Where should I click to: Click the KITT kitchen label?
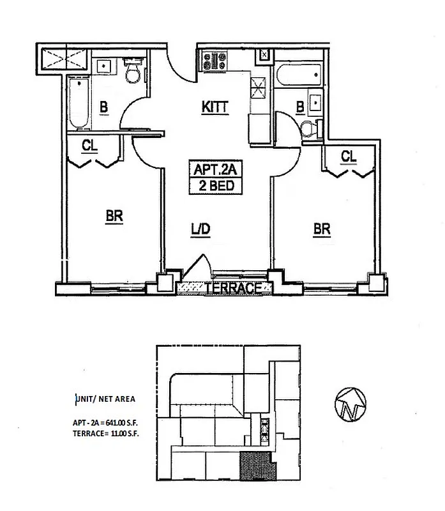[215, 107]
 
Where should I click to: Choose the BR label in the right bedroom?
[322, 229]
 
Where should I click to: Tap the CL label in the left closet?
[90, 146]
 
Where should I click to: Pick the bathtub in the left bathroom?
[79, 102]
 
